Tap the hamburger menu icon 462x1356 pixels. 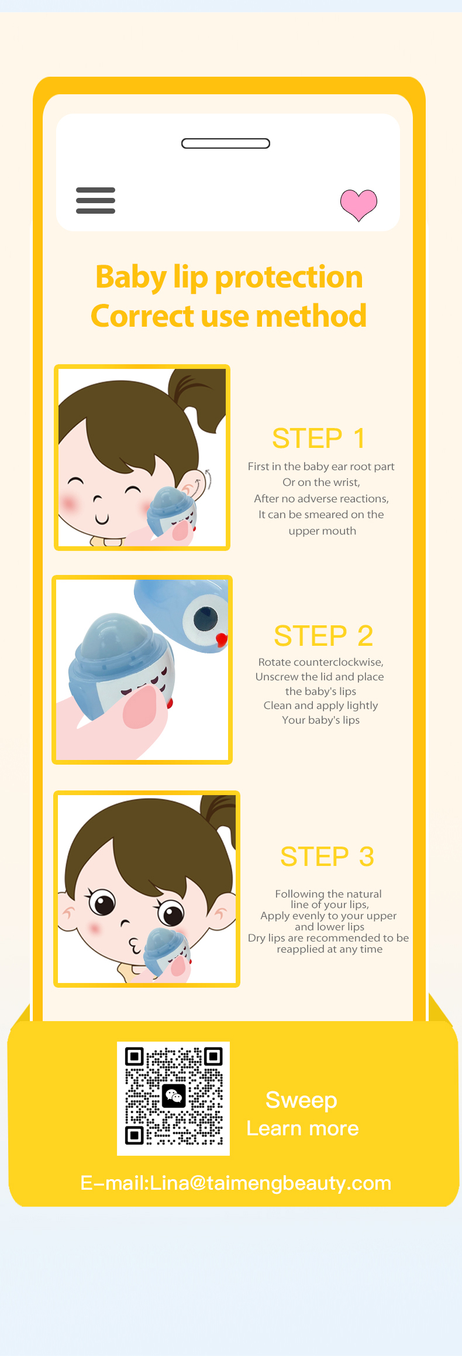(x=95, y=200)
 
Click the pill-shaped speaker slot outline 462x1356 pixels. (x=226, y=143)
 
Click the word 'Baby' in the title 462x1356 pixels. (x=131, y=277)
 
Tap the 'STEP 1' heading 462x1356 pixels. (x=319, y=439)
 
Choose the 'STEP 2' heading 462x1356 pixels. (x=323, y=636)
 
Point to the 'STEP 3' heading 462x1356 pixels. (x=327, y=857)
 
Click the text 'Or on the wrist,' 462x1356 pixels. (x=321, y=482)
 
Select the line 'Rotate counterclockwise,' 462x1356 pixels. (x=321, y=662)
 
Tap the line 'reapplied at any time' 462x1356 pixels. (x=330, y=949)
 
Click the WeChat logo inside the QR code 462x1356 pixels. (x=174, y=1095)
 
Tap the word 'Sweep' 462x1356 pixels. (x=301, y=1101)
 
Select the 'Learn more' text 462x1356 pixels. (x=302, y=1128)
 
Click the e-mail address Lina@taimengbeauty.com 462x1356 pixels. (x=270, y=1183)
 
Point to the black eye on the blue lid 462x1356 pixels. (x=206, y=618)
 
